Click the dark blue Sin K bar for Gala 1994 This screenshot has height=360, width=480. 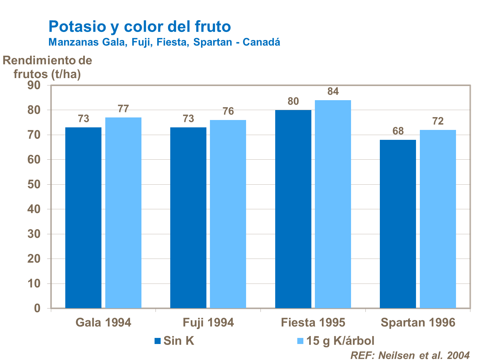pos(83,218)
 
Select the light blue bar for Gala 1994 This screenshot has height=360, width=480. pos(123,213)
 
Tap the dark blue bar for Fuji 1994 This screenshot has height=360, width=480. pos(188,218)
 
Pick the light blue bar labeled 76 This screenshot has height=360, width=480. pos(228,214)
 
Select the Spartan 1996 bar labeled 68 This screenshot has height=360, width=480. pos(398,224)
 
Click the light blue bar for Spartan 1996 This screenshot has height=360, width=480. pos(438,219)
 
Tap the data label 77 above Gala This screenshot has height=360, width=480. pos(123,109)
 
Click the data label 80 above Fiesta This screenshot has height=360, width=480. pos(293,101)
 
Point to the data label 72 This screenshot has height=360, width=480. pos(438,121)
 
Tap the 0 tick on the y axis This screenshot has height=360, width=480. pos(37,308)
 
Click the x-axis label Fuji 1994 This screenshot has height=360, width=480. pos(208,323)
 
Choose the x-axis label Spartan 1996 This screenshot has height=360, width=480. pos(418,323)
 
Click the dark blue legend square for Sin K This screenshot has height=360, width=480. pos(157,341)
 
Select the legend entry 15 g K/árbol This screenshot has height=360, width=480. pos(340,341)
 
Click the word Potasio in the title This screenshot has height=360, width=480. pos(77,26)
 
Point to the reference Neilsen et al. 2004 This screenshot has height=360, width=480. pos(410,355)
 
